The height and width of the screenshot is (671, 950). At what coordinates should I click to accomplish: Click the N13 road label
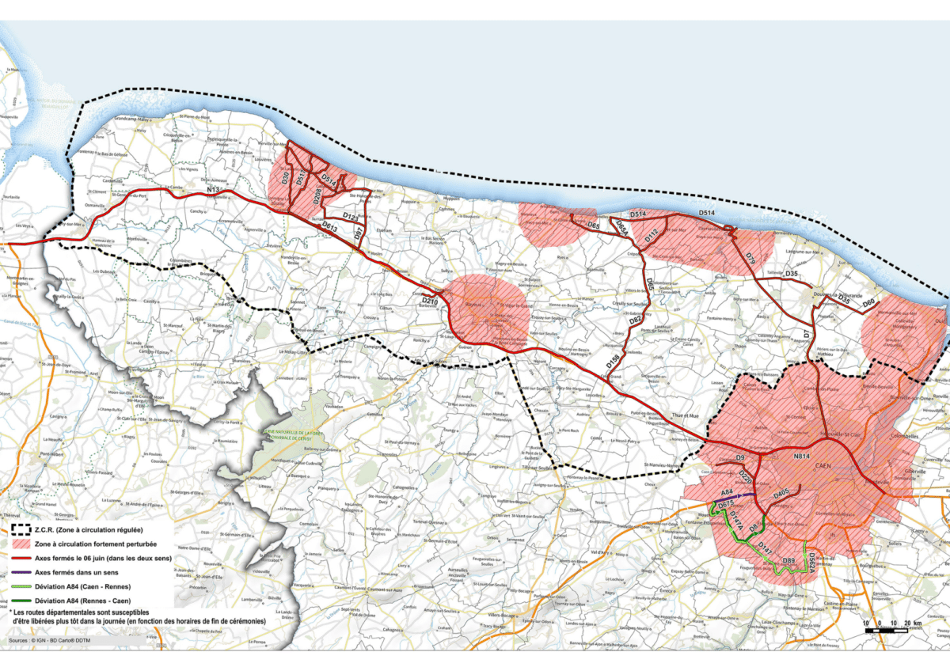(212, 191)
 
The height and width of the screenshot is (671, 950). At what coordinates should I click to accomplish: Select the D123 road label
(351, 214)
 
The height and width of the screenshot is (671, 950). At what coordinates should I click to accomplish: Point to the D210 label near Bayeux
(430, 301)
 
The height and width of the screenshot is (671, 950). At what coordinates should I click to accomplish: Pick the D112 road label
(651, 235)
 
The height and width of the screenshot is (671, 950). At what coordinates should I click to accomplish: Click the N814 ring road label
(802, 456)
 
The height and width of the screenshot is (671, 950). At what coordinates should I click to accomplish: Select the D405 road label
(781, 494)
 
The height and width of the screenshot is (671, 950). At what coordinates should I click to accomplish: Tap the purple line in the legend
(29, 571)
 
